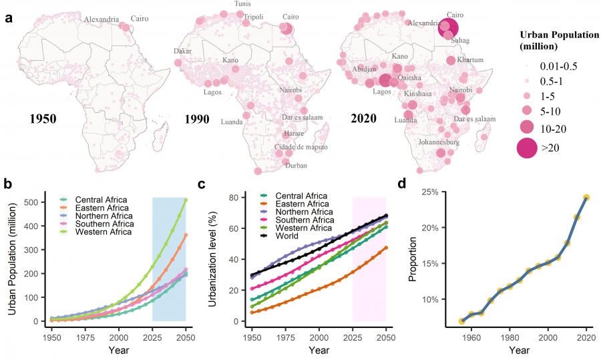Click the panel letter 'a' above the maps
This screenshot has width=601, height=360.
9,18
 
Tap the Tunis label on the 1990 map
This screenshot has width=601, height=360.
243,4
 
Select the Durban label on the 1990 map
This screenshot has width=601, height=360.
296,165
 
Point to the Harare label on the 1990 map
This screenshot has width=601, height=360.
294,134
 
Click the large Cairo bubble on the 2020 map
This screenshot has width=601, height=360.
448,28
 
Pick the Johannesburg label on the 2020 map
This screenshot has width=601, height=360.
439,142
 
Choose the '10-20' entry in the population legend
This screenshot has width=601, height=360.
550,127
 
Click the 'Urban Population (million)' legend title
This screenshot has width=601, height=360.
558,40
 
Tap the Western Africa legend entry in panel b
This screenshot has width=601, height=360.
104,232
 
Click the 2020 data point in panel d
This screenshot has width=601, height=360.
586,198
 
